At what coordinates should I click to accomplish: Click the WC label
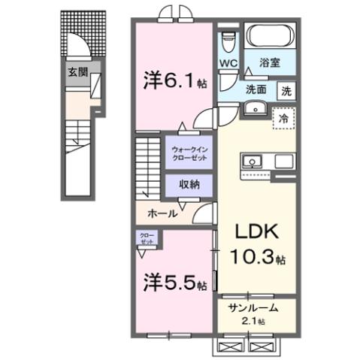(229, 64)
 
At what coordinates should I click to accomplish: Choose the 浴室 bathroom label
(270, 64)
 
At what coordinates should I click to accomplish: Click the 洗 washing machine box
(286, 91)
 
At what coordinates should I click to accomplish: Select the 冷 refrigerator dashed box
(283, 118)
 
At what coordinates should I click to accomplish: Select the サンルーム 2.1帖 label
(253, 312)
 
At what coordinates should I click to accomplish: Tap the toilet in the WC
(230, 41)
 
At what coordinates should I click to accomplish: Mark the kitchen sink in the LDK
(251, 160)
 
